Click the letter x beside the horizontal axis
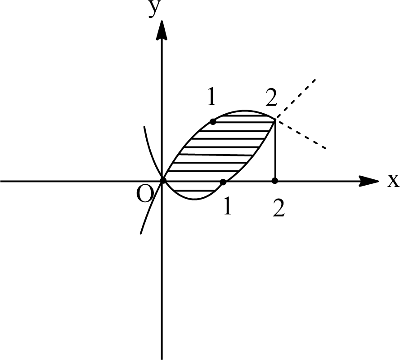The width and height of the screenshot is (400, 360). (393, 181)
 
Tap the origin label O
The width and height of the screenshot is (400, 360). (145, 196)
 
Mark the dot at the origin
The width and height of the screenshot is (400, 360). (163, 181)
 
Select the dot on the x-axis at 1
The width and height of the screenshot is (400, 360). (223, 182)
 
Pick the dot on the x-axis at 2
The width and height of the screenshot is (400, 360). (275, 181)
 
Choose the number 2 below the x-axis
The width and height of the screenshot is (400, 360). (279, 209)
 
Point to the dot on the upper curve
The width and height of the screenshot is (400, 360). (213, 122)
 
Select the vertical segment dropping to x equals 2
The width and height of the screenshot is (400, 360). (275, 151)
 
